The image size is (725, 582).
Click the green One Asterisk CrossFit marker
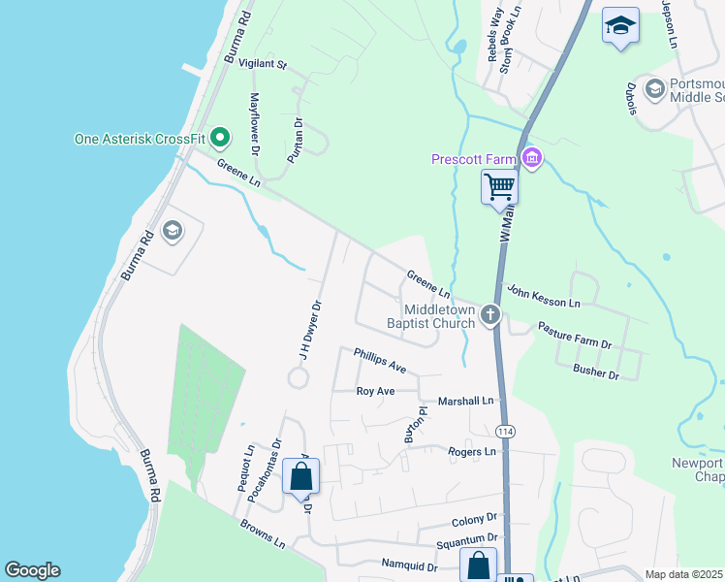(220, 139)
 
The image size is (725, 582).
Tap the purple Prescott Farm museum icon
(530, 157)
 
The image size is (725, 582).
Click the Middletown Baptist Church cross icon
(491, 314)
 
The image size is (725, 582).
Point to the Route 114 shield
(504, 431)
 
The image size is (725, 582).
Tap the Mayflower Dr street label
(255, 124)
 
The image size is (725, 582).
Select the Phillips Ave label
(380, 361)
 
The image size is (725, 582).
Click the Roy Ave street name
(376, 391)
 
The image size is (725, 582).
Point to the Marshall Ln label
(466, 401)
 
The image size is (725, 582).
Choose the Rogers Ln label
(472, 452)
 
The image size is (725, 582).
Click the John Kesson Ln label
(543, 296)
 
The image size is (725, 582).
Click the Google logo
(32, 570)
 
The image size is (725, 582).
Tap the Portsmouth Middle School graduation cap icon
(654, 90)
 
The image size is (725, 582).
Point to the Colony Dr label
(473, 519)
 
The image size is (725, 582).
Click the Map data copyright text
(684, 574)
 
